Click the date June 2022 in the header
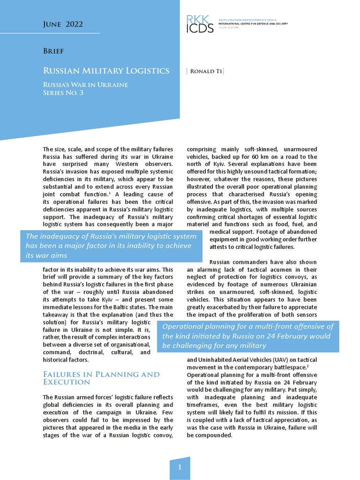tap(63, 24)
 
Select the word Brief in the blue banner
tap(53, 51)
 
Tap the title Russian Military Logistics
tap(106, 71)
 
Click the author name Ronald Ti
tap(205, 71)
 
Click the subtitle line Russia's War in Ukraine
tap(85, 85)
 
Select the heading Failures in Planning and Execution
tap(101, 378)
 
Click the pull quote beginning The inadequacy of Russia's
tap(112, 246)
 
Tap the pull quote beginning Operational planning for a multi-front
tap(248, 336)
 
